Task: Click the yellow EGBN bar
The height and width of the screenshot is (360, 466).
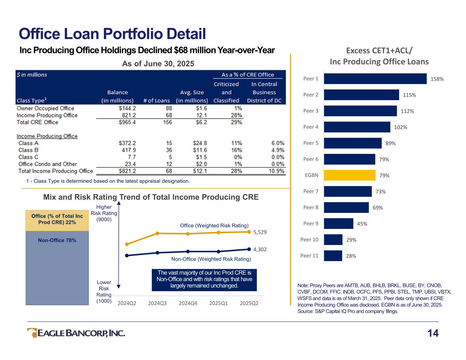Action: (x=350, y=175)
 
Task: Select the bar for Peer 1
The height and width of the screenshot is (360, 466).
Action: (x=375, y=78)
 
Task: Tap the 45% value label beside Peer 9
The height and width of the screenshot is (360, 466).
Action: (x=362, y=224)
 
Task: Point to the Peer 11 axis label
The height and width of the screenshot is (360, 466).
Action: (x=309, y=256)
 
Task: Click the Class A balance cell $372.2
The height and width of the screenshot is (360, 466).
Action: (x=127, y=143)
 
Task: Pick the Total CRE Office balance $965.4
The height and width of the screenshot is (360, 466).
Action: (x=127, y=122)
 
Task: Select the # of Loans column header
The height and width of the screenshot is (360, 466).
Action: (x=157, y=101)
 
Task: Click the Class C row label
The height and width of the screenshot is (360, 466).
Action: (x=28, y=157)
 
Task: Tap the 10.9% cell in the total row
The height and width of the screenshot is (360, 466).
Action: (x=277, y=171)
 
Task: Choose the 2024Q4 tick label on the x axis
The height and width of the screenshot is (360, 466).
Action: (x=188, y=303)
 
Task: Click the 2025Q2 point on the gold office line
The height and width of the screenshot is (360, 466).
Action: (x=249, y=232)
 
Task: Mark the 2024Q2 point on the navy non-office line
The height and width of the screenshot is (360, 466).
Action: (x=127, y=256)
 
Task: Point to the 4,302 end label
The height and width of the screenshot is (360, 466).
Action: (x=260, y=249)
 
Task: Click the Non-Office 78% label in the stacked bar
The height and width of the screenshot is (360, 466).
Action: (x=57, y=240)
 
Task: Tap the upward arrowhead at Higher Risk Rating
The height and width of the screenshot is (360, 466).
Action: (x=118, y=203)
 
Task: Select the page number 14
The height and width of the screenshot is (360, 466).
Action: (x=433, y=333)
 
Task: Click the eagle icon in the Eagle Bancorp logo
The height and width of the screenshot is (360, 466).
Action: (x=32, y=333)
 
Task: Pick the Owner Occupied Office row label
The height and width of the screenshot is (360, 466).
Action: (x=45, y=108)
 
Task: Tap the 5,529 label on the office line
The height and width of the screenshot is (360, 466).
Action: (x=260, y=232)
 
